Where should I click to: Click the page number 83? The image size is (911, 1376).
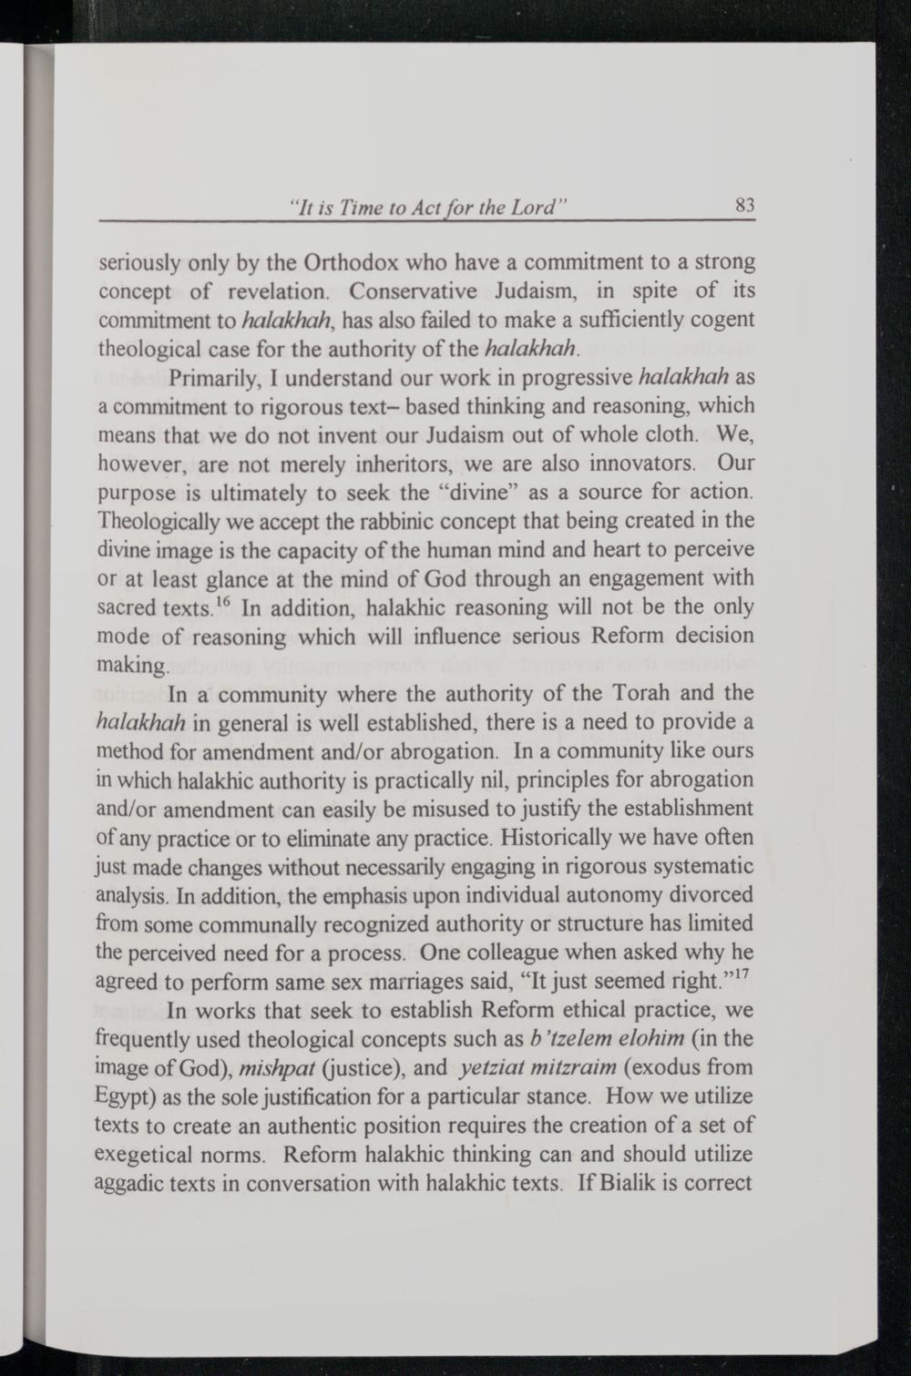coord(744,206)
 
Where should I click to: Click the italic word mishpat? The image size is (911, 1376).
coord(272,1067)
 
